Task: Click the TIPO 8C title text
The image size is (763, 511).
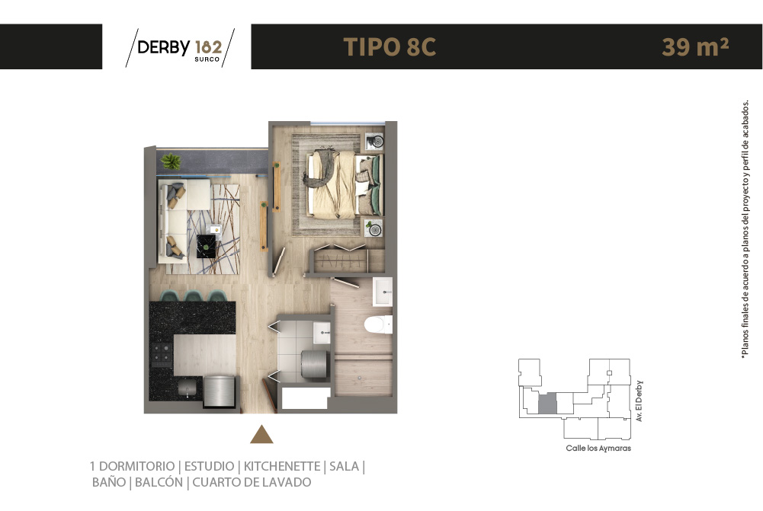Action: pos(390,47)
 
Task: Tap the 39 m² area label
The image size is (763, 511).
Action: pos(695,46)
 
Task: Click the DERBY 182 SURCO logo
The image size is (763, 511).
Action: pos(180,48)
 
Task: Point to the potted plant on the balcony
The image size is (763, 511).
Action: pos(171,161)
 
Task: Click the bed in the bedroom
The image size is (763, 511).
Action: pos(344,184)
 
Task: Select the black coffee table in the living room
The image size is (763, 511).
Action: pos(207,246)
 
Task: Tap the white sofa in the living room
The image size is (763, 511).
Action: pos(177,220)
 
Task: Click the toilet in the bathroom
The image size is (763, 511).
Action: pos(379,324)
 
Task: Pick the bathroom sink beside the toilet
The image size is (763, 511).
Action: pos(383,291)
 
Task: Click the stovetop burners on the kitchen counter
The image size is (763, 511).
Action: pos(162,354)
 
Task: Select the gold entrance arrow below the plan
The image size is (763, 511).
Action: pos(261,434)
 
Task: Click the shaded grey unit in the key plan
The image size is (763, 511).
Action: pos(547,404)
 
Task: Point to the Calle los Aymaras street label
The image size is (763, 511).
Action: pos(598,449)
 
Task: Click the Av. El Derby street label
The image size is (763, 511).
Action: pos(639,401)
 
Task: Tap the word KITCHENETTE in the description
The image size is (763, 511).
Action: pos(282,466)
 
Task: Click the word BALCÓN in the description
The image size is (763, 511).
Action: pos(159,482)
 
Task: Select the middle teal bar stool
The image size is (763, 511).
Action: pos(193,295)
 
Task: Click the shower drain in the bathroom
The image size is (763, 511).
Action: pos(360,377)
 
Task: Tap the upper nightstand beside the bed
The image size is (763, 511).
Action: pos(374,142)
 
